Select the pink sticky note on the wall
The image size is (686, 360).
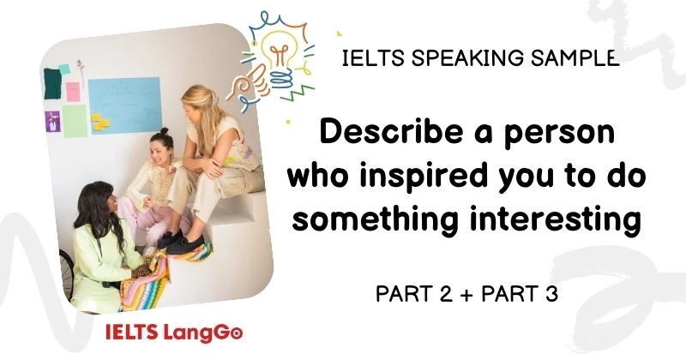(x=73, y=91)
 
